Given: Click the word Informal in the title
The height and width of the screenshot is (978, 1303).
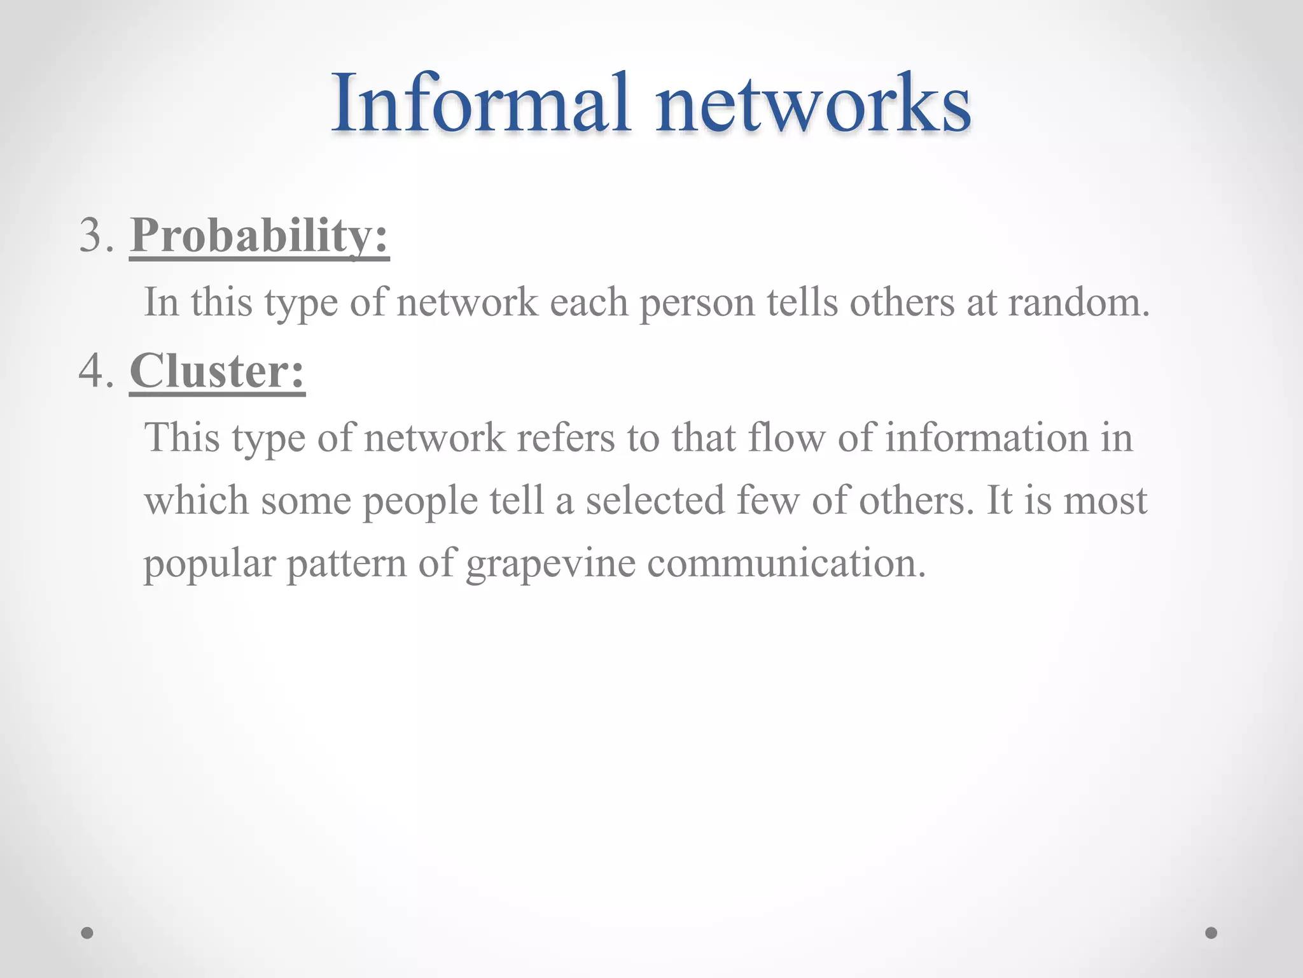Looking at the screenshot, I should [x=481, y=103].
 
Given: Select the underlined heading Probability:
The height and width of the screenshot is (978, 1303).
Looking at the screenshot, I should [x=259, y=236].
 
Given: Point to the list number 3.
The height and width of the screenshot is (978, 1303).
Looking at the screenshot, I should [x=96, y=236].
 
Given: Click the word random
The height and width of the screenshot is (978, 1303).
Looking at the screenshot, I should [x=1079, y=302].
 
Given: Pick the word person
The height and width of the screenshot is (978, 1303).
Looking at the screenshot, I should [x=697, y=303].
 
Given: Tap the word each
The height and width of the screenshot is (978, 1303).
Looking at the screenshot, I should [x=589, y=302].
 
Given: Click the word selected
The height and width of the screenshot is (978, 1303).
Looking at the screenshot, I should [x=655, y=500].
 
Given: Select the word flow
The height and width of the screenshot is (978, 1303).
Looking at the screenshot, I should [x=786, y=438].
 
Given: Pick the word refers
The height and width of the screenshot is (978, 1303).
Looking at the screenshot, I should [x=566, y=438].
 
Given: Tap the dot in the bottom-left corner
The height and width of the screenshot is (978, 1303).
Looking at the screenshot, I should [x=87, y=933].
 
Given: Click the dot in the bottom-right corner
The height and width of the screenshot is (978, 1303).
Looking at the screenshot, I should [x=1211, y=933].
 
